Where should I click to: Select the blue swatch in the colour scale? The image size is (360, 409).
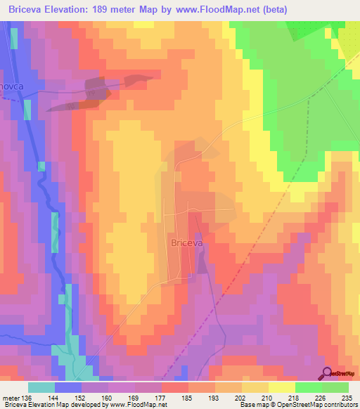click(68, 387)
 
